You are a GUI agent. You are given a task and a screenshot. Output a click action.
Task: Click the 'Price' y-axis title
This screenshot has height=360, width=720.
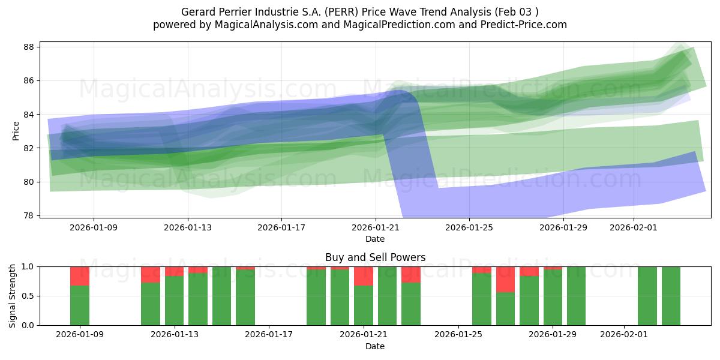pos(16,130)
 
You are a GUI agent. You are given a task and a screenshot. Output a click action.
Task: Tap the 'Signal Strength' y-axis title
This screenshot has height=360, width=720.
pos(13,296)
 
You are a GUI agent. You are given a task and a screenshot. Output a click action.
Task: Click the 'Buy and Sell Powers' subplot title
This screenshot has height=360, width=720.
pos(375,257)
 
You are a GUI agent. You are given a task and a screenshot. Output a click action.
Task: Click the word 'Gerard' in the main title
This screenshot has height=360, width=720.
pos(197,12)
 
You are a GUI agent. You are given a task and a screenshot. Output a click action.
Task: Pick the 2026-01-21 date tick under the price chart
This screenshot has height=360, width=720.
pos(375,227)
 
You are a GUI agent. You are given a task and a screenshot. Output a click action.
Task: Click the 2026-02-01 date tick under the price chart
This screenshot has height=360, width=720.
pos(634,227)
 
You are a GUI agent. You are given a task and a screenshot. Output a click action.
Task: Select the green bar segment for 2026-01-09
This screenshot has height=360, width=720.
pos(80,305)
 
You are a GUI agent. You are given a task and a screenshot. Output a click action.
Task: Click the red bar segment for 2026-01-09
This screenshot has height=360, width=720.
pos(80,276)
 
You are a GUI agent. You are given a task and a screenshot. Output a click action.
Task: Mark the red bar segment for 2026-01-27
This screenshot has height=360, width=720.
pos(505,279)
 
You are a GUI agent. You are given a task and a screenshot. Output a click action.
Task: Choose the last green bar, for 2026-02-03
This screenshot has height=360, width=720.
pos(671,296)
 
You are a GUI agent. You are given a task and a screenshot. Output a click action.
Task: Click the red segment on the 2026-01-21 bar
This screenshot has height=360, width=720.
pos(364,276)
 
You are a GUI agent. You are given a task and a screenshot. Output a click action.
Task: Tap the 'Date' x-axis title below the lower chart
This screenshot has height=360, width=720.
pos(375,346)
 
